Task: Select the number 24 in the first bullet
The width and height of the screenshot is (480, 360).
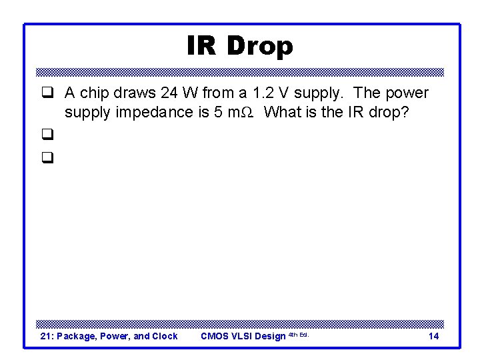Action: tap(170, 93)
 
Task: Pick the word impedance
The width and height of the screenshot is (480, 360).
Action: tap(155, 112)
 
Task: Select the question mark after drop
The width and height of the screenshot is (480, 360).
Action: tap(404, 112)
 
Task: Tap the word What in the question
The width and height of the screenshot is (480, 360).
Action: tap(283, 112)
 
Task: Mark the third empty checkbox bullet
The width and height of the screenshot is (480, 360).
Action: tap(47, 158)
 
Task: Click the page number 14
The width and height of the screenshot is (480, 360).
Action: tap(433, 336)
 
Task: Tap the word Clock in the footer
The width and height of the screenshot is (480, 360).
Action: tap(164, 336)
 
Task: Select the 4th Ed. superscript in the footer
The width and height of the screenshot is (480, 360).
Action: tap(298, 334)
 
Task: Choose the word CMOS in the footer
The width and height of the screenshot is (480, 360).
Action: tap(215, 336)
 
